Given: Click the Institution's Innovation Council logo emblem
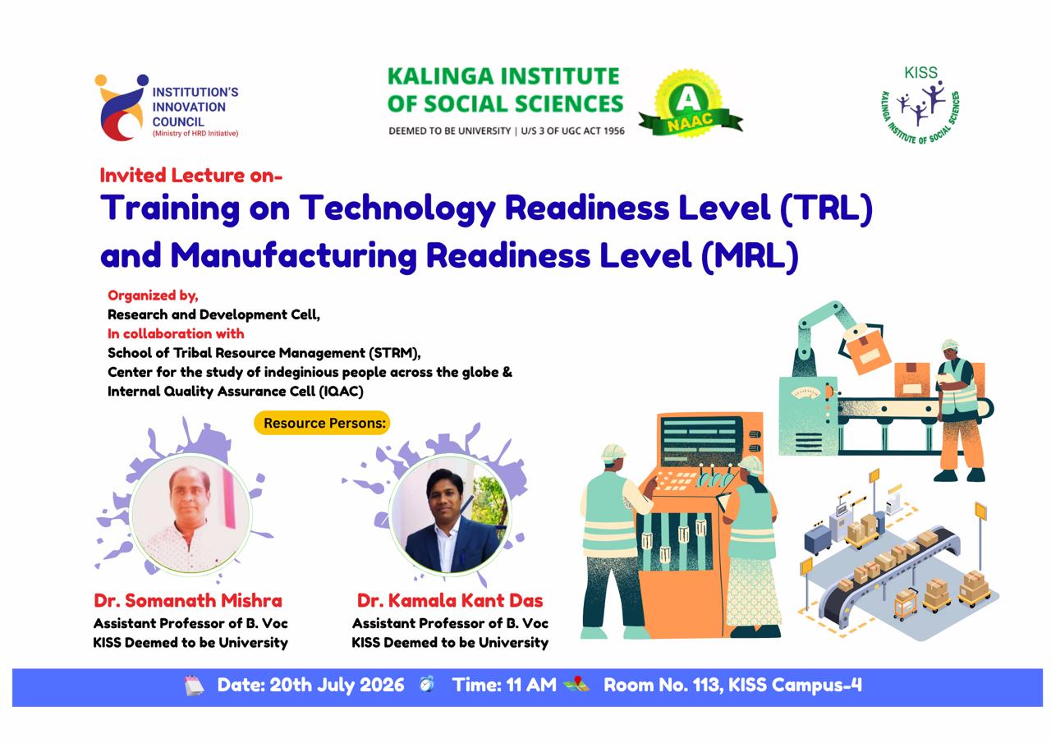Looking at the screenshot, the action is [x=122, y=108].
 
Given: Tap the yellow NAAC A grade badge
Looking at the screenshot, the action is [x=690, y=104].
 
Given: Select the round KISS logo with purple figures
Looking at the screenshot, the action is [x=920, y=106].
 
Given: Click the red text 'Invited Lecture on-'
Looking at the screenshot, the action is [x=191, y=176].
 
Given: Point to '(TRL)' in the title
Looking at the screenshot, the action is [x=827, y=208].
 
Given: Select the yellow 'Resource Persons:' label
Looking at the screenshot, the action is [x=322, y=423].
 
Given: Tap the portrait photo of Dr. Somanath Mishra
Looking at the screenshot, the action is [x=190, y=514].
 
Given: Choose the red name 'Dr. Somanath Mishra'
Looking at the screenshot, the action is [x=188, y=600].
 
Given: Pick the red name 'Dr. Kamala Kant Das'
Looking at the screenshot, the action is [x=450, y=600].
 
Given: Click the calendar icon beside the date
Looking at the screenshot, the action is [x=195, y=686].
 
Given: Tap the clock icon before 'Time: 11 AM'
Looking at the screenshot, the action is [x=427, y=684].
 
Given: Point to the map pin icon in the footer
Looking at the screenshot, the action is [x=576, y=684].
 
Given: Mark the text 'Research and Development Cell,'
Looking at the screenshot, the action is [x=214, y=314].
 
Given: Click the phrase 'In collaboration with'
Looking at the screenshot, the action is [x=176, y=334].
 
